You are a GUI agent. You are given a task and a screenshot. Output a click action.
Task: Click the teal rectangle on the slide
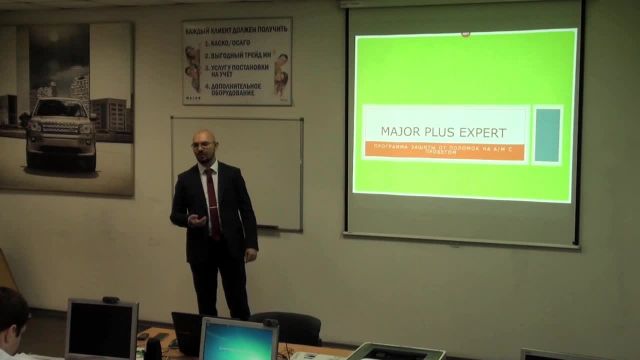pyautogui.click(x=547, y=135)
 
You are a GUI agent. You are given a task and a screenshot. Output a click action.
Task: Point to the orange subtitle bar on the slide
pyautogui.click(x=444, y=150)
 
